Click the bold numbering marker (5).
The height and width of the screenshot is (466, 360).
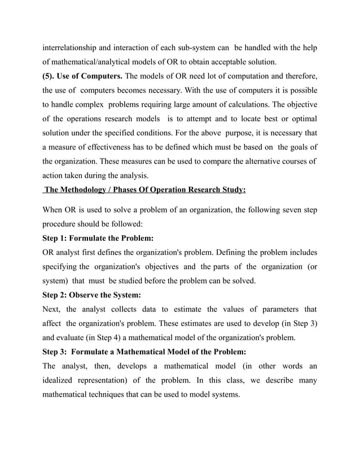click(x=50, y=77)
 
